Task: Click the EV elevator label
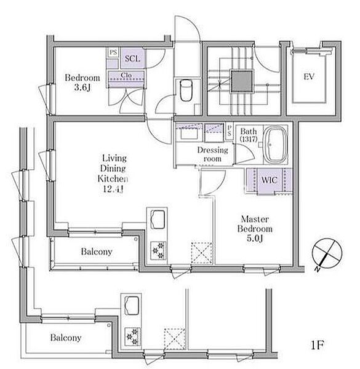309,77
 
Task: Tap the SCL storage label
132,58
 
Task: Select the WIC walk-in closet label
269,180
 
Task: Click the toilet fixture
186,90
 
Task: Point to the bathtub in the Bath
276,145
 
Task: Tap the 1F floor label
318,345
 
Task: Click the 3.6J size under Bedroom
82,87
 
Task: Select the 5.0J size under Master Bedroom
255,239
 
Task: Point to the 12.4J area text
113,189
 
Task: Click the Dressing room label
212,154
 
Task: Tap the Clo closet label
126,75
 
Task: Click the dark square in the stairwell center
242,81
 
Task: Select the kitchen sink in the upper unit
158,219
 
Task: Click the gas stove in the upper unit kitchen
158,251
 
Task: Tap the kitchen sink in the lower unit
132,305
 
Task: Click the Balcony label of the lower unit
66,338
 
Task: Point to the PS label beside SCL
113,52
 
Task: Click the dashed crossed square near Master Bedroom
202,253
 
